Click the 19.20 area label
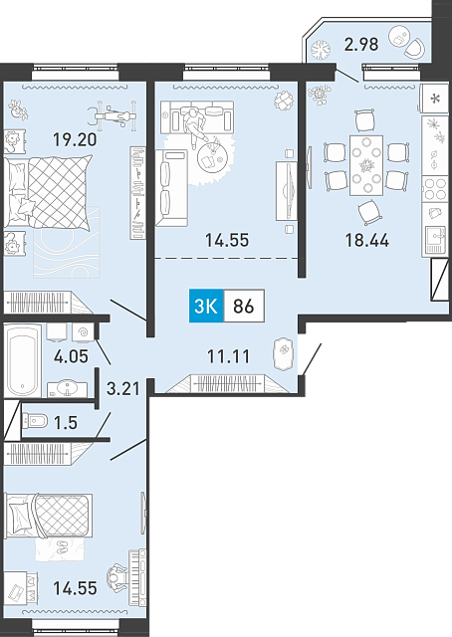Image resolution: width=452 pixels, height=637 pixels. click(x=76, y=139)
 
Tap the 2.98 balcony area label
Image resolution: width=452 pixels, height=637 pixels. click(x=361, y=44)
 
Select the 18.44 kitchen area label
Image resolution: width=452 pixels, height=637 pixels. click(x=366, y=240)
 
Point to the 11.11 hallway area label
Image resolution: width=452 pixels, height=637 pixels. click(x=228, y=356)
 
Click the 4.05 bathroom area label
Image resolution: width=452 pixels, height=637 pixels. click(x=71, y=356)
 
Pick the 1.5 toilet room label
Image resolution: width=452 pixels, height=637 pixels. click(x=66, y=422)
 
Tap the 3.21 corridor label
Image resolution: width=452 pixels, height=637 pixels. click(x=122, y=388)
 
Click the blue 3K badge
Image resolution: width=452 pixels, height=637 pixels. click(x=206, y=306)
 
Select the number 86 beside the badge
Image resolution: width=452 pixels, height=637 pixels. click(x=244, y=306)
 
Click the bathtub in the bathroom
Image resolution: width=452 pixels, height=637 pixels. click(x=23, y=360)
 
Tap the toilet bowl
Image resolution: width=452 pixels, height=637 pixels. click(x=35, y=421)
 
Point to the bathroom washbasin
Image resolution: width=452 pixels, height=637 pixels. click(x=67, y=389)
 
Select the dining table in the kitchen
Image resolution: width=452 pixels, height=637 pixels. click(x=366, y=165)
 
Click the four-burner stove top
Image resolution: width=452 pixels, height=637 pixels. click(x=434, y=189)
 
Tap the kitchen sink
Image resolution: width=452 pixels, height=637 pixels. click(x=435, y=240)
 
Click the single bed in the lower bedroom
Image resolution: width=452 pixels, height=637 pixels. click(x=48, y=516)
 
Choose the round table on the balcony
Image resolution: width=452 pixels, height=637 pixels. click(x=399, y=37)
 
